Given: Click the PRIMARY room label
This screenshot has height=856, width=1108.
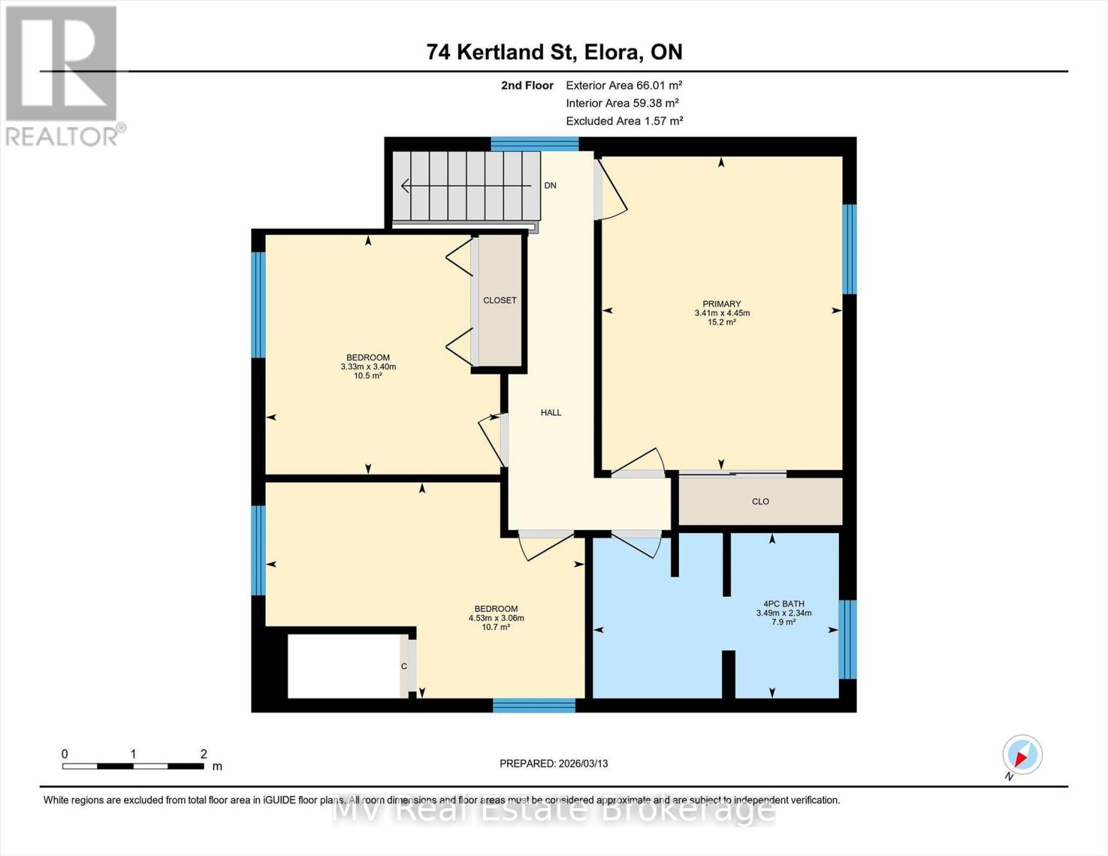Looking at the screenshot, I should coord(721,304).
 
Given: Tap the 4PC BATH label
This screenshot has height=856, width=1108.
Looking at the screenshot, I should coord(783,603).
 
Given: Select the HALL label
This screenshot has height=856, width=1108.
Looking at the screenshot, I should coord(551,412).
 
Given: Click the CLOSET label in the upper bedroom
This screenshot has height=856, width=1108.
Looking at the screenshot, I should coord(499,300).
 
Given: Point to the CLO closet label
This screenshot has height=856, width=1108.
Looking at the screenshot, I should coord(761,501).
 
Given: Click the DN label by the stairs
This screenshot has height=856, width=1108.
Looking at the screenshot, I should coord(550,185).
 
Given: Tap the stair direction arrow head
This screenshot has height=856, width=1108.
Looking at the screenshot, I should coord(405,186).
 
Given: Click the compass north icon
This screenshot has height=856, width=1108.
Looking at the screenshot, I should coord(1022,755).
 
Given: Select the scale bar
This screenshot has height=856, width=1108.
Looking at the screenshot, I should coord(133,766).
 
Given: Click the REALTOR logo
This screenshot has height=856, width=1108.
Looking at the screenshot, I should coord(63,75).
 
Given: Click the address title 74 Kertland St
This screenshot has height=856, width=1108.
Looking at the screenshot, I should coord(554,52).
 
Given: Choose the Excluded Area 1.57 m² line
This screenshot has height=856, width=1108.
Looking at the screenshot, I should coord(624,121).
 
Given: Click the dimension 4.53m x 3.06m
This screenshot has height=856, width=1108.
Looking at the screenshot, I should coord(496,618).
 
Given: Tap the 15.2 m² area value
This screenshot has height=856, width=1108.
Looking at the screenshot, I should coord(721,322).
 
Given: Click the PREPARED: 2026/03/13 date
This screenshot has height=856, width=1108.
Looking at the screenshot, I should coord(554,763).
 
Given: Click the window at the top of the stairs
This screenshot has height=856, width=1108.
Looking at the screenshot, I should coord(534,144).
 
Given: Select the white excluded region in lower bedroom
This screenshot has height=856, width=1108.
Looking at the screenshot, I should coord(343,666).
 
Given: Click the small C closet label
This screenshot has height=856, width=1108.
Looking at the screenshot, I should coord(404,666).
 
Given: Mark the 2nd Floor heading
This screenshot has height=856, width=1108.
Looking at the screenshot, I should coord(527,85).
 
